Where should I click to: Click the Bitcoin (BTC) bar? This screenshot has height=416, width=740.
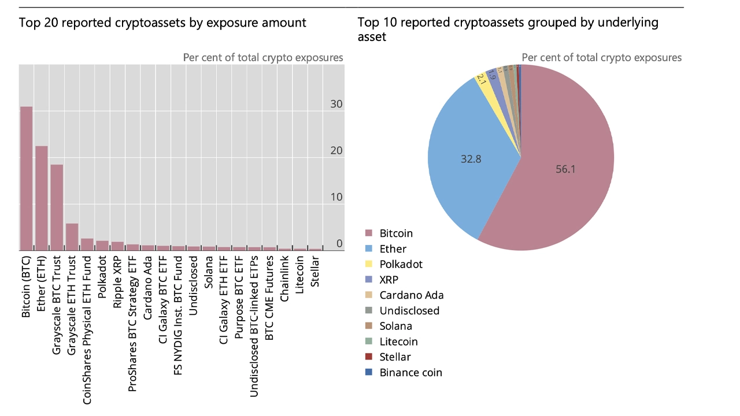[x=27, y=179]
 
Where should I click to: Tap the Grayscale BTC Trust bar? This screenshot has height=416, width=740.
[x=57, y=207]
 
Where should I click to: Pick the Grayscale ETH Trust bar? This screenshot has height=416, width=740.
[x=72, y=237]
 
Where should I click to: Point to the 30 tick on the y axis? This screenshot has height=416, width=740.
[x=336, y=105]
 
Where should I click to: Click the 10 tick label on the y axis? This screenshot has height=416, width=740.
[x=336, y=197]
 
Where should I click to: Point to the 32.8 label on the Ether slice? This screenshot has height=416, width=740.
[x=471, y=159]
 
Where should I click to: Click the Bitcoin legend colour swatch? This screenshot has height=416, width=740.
[x=368, y=233]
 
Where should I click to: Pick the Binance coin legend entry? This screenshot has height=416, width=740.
[x=410, y=373]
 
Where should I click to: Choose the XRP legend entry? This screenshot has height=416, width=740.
[x=388, y=280]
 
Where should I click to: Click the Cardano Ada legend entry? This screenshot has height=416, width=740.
[x=411, y=295]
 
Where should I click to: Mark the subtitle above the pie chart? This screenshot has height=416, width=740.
[x=601, y=57]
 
